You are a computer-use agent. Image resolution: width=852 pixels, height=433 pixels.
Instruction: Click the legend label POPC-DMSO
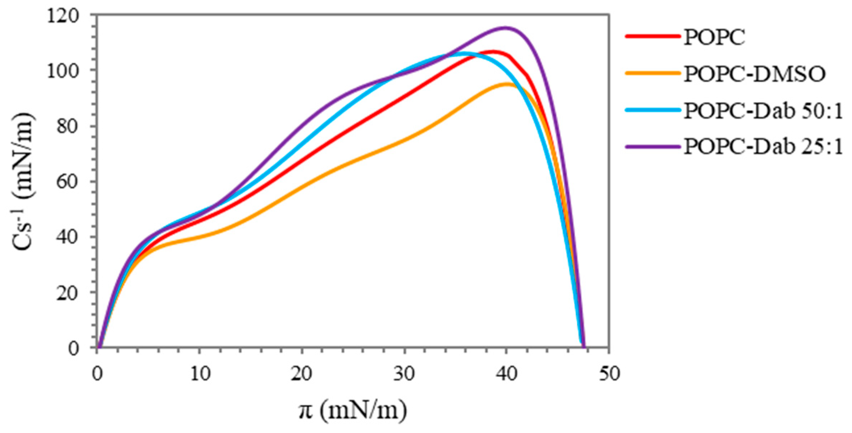754,74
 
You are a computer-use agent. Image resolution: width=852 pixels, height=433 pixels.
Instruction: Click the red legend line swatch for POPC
653,36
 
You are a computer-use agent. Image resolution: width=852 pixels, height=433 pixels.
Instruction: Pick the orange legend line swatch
653,73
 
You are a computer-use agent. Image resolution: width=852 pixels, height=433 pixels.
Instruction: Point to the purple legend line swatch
653,147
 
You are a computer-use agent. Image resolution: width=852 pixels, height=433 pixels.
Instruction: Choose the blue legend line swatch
653,110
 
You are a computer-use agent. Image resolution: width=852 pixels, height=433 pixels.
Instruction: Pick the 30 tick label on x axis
404,374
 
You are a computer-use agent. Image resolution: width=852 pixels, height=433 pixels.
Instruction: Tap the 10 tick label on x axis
200,374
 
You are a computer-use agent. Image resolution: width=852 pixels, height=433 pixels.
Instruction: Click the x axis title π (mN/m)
352,410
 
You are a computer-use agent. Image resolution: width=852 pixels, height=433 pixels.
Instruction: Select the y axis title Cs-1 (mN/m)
23,181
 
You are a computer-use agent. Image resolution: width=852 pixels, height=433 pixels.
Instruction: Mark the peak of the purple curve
505,28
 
